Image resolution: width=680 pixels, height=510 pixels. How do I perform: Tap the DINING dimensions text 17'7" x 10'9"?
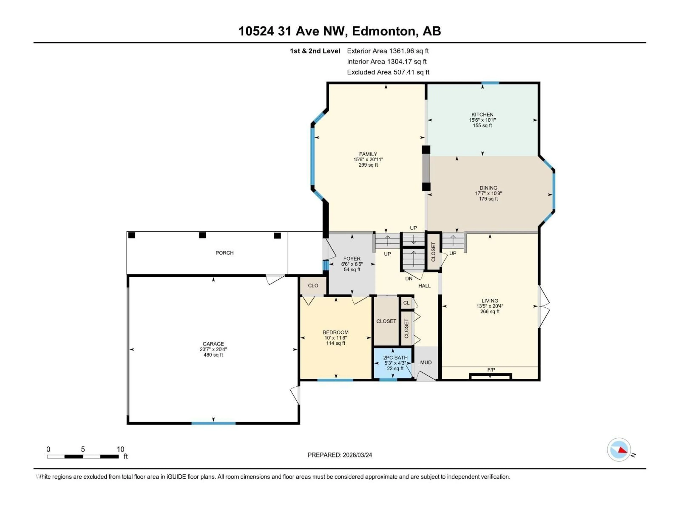(488, 193)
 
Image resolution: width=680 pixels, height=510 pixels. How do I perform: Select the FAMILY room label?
(368, 154)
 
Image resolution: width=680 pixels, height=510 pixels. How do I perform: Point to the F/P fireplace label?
(491, 370)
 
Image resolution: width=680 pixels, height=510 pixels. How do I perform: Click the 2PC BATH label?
(395, 358)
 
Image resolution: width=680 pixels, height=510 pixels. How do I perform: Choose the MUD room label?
(426, 362)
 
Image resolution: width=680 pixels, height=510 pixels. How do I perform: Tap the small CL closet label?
(406, 303)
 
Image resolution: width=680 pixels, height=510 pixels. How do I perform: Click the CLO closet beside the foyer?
(313, 286)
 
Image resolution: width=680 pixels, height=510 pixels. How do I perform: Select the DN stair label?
(409, 279)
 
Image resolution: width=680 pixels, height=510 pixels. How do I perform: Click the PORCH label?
(224, 253)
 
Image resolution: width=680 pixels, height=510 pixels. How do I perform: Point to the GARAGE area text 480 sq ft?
(213, 355)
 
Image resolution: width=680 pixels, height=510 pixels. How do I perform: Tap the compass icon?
(619, 450)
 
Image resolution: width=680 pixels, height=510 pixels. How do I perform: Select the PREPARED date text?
(340, 455)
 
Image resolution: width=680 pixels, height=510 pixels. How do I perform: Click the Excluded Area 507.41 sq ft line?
(388, 72)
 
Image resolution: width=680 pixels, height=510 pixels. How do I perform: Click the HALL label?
(424, 286)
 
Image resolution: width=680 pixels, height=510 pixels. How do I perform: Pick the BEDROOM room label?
(335, 332)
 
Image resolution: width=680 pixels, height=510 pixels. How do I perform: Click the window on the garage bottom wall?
(213, 423)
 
